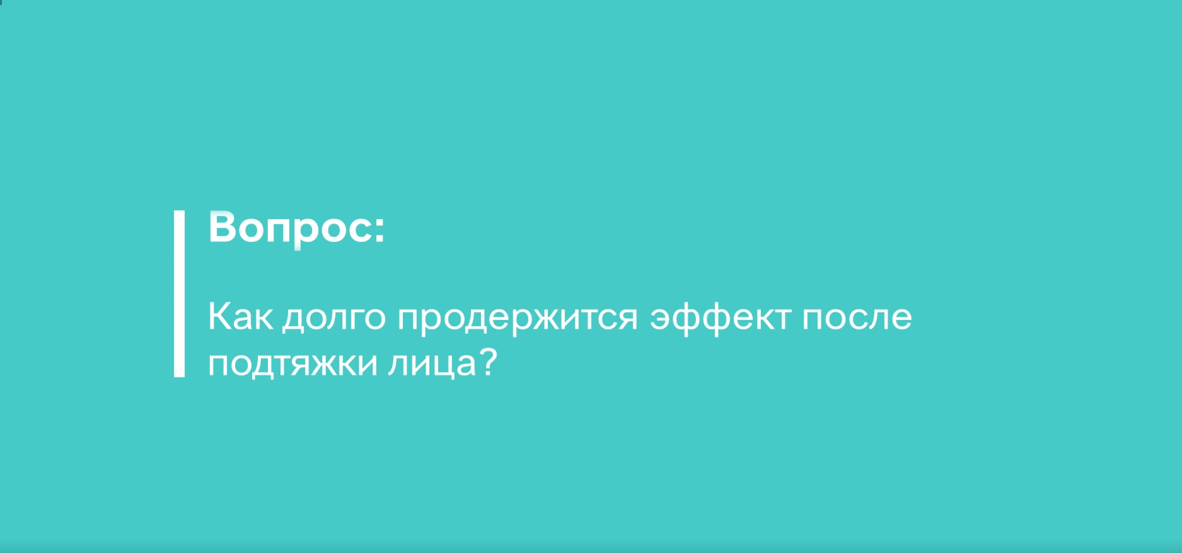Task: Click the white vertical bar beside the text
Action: click(179, 294)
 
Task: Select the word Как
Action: click(240, 316)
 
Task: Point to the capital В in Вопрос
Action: click(223, 227)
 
